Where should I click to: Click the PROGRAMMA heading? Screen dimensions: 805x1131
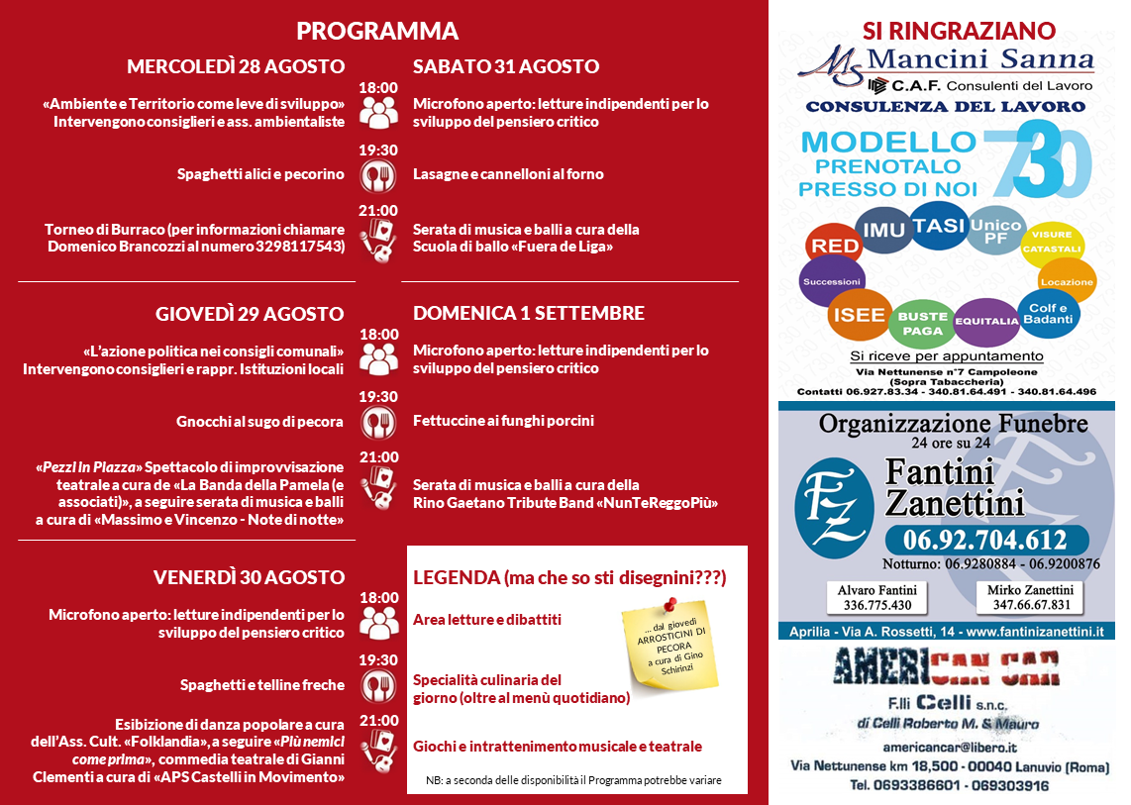point(377,31)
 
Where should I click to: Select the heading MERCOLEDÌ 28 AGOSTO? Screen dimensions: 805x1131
point(236,66)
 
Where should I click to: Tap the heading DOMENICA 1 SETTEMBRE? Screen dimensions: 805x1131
point(529,313)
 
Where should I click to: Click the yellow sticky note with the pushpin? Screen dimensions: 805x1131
point(669,645)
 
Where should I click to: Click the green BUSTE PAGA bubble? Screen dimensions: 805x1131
point(921,323)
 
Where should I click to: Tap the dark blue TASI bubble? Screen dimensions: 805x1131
point(939,226)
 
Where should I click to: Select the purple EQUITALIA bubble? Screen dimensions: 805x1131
point(986,321)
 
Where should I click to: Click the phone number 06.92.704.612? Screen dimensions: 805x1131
point(983,540)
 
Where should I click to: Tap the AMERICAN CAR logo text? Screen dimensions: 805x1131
point(947,668)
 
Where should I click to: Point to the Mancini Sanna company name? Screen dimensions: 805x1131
point(979,59)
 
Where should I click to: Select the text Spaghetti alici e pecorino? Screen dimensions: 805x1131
point(260,174)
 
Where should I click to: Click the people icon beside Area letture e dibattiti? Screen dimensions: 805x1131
point(378,621)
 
